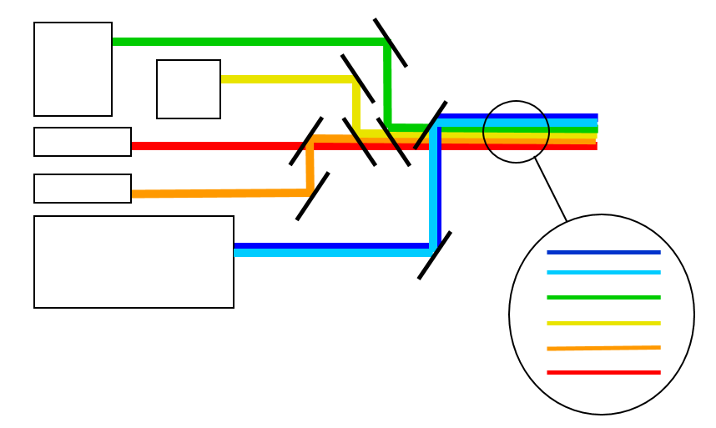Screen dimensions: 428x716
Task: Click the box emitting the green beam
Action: click(x=73, y=69)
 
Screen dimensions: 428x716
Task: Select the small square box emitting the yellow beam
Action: click(x=189, y=89)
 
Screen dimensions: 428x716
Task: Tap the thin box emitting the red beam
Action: click(x=83, y=142)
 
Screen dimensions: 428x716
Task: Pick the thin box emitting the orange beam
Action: click(x=83, y=189)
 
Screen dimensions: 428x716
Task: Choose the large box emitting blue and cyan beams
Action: click(x=134, y=262)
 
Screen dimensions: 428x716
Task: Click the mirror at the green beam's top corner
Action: click(x=390, y=43)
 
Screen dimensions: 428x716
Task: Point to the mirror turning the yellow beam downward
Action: click(x=357, y=78)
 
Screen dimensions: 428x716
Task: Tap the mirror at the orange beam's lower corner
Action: click(x=312, y=196)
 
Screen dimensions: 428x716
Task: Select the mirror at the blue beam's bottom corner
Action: click(x=434, y=255)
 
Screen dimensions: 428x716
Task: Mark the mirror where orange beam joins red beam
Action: click(x=305, y=141)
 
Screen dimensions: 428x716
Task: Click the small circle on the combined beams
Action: click(x=516, y=132)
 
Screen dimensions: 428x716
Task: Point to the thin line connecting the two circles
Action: click(x=551, y=189)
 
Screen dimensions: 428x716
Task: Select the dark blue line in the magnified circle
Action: click(x=603, y=252)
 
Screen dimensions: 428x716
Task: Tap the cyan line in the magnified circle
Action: click(x=603, y=273)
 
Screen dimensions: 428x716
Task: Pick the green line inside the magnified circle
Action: click(x=603, y=297)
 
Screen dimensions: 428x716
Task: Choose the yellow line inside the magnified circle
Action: click(x=603, y=323)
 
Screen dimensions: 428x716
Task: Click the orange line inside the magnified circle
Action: click(x=603, y=348)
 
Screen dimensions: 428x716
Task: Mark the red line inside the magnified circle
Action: click(x=603, y=372)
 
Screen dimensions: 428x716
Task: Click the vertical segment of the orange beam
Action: click(x=310, y=167)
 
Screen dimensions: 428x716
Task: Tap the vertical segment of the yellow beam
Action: click(x=356, y=106)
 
